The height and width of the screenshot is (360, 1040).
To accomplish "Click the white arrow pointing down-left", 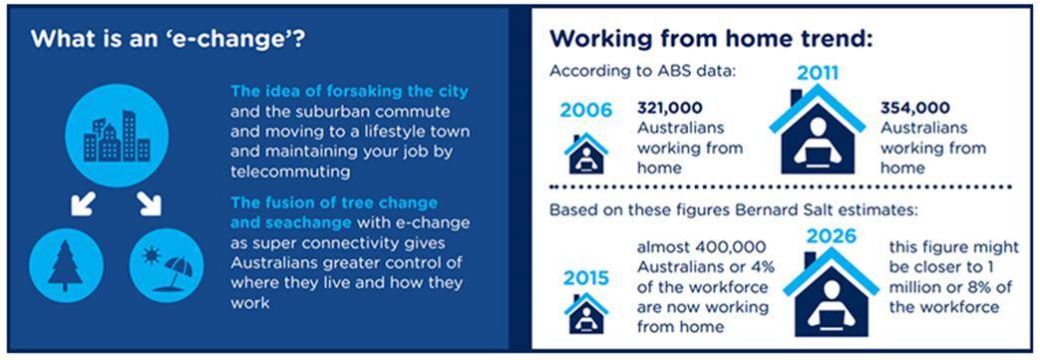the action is point(84,204).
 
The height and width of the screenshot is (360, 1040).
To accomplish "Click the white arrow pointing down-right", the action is point(150,204).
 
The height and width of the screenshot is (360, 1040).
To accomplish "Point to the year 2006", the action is point(585,110).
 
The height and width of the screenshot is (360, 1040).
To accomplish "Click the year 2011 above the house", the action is point(817,72).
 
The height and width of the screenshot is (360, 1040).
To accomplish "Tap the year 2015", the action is point(585,278).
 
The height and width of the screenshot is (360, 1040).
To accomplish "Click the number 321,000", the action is point(669,108).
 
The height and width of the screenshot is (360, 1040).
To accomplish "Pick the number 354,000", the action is point(914,108).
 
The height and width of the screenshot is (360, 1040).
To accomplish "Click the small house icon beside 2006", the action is point(586,154).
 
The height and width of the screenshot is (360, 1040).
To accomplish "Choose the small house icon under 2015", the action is point(586,313).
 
